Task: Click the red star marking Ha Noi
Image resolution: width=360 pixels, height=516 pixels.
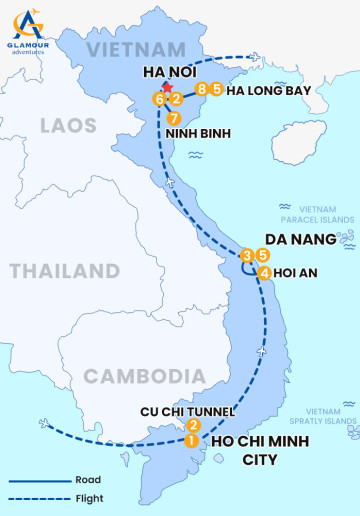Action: tap(167, 89)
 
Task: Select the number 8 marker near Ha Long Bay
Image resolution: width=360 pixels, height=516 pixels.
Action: tap(202, 90)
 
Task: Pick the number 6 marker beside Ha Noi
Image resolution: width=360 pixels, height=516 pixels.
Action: tap(158, 99)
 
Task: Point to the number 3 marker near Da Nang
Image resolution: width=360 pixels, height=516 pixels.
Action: tap(247, 255)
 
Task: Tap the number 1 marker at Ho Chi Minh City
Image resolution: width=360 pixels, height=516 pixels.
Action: tap(190, 439)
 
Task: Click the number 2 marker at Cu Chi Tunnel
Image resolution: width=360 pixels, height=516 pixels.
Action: tap(194, 425)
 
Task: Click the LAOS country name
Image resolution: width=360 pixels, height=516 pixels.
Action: tap(68, 125)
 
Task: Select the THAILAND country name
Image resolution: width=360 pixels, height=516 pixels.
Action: tap(65, 271)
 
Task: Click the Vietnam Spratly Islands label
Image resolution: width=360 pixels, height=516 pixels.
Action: tap(326, 417)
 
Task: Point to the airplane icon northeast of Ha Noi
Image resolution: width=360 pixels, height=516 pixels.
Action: tap(257, 57)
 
